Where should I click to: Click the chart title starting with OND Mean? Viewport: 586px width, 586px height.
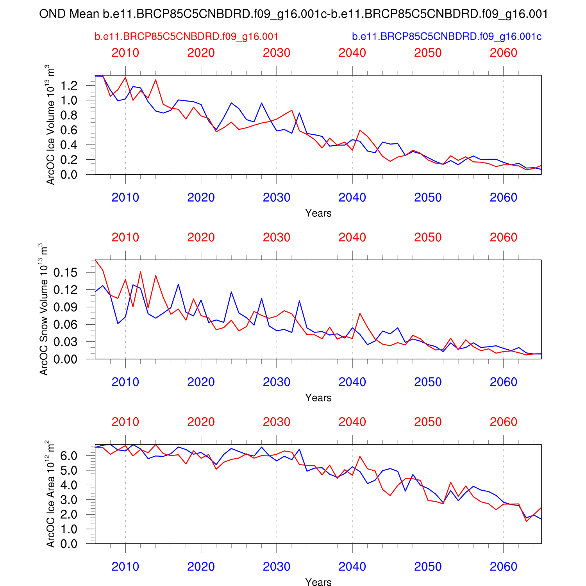[293, 14]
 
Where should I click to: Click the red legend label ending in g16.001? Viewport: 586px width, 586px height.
[186, 37]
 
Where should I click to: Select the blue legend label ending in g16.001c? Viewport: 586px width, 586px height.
[447, 37]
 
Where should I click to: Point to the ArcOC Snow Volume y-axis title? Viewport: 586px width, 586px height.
[44, 309]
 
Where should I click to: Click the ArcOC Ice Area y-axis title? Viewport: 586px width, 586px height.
[50, 494]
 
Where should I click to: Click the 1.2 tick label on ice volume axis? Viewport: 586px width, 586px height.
[69, 86]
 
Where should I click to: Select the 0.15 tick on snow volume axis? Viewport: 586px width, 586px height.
[65, 272]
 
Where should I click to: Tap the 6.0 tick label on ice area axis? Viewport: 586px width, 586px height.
[69, 456]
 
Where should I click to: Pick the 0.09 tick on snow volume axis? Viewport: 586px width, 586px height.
[65, 307]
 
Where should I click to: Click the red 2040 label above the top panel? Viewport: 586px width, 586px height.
[352, 53]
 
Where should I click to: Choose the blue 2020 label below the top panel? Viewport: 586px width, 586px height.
[201, 197]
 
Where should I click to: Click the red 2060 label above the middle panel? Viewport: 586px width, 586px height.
[503, 237]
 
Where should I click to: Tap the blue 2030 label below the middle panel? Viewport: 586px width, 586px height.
[277, 382]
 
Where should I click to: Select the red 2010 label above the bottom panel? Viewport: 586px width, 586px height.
[125, 422]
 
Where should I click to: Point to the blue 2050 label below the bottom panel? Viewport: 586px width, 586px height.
[428, 566]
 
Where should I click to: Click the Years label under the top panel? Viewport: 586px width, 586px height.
[318, 213]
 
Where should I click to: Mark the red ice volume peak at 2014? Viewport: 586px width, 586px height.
[155, 80]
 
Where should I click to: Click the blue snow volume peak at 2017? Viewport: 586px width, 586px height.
[178, 284]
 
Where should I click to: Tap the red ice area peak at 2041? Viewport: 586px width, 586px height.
[360, 456]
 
